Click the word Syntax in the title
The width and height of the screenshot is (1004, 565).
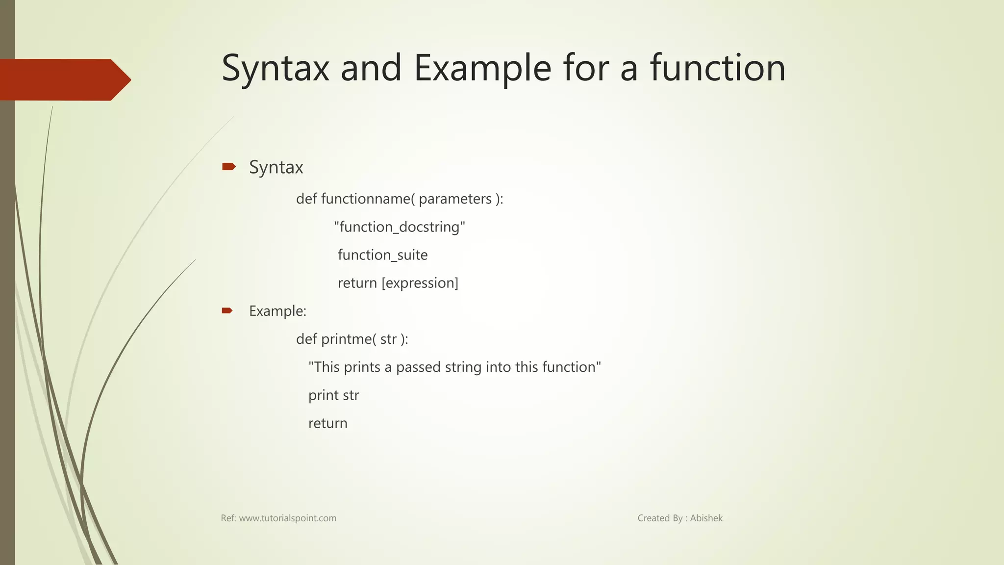(275, 68)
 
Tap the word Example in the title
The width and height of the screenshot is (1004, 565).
(482, 68)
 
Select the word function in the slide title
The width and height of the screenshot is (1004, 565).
(718, 68)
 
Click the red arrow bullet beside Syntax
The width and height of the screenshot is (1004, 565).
(228, 167)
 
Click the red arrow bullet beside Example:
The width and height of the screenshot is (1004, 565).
(227, 310)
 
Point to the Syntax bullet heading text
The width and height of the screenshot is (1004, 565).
(276, 167)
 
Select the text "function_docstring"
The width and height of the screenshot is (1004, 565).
(400, 227)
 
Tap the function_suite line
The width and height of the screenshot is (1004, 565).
(382, 255)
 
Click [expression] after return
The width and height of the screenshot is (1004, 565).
(420, 283)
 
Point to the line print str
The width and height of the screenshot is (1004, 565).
(333, 395)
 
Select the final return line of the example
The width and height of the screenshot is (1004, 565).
(327, 423)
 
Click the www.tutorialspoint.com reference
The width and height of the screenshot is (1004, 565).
(287, 518)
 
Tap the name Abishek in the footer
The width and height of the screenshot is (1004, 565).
(706, 518)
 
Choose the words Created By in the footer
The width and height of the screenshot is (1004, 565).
(660, 518)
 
